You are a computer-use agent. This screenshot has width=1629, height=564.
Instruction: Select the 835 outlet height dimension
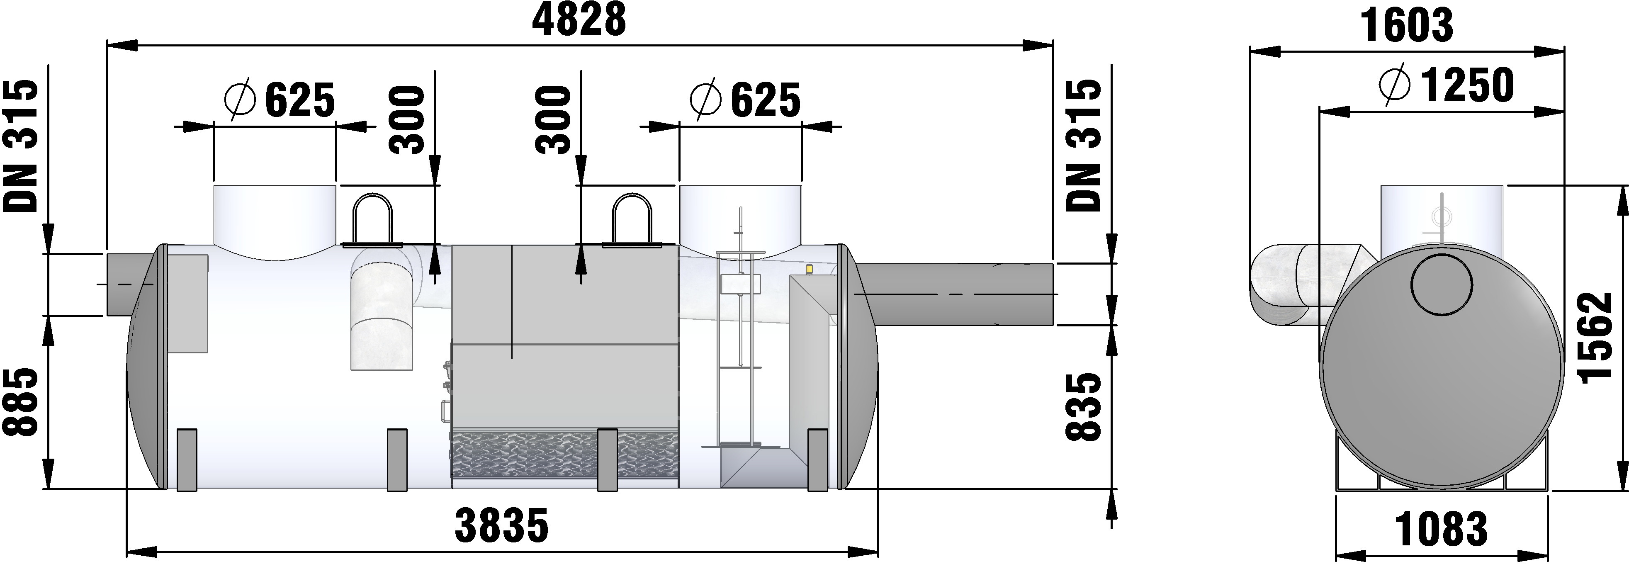point(1083,406)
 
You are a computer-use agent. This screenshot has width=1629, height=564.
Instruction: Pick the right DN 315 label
point(1083,146)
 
